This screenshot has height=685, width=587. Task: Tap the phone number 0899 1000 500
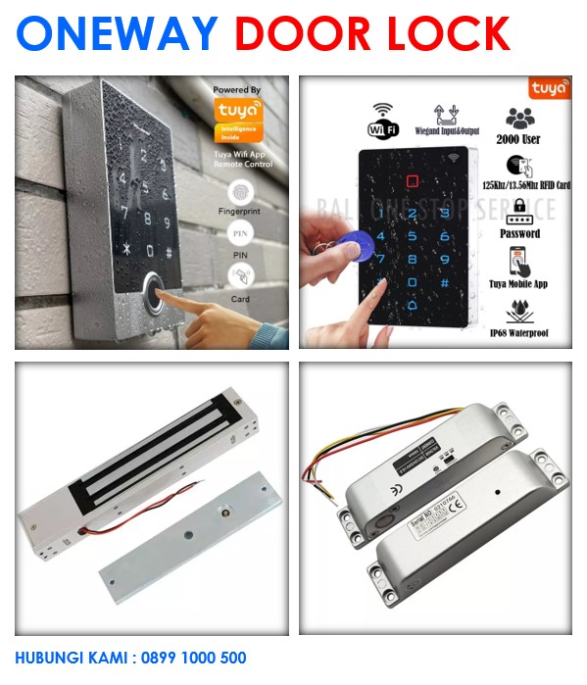(190, 659)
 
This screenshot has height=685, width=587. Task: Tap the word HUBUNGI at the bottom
(46, 659)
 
